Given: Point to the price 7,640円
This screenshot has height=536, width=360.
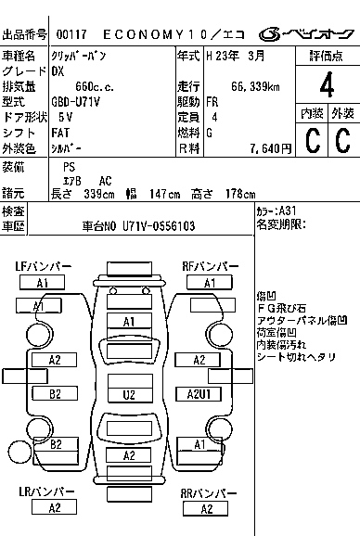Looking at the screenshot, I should coord(271,148).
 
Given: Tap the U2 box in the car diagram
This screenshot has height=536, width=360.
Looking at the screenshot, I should coord(130,395).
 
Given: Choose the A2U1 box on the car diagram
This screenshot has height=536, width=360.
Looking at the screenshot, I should coord(198,395).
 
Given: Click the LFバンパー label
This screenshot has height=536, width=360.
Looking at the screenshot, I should coord(43,267).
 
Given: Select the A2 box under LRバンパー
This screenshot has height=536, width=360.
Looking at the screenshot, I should coord(55,508).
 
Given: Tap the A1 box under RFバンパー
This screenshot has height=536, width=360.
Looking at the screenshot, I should coord(211,283).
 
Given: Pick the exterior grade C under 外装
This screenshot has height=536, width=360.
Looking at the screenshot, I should coord(341,140).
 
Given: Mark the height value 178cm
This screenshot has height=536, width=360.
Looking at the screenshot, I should coord(239,194).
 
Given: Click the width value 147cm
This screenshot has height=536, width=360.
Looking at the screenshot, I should coord(163,194).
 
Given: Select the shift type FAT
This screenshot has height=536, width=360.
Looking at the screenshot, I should coord(62,134).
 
